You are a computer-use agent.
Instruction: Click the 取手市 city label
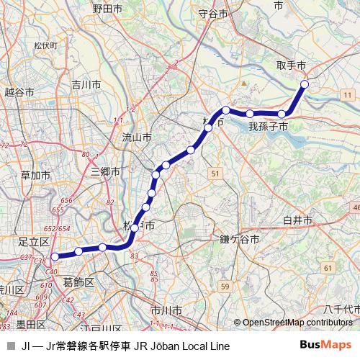[291, 66]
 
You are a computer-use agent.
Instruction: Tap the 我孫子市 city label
[269, 127]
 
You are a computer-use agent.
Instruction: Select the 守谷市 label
[212, 14]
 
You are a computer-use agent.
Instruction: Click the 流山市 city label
[136, 136]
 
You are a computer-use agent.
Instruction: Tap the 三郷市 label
[105, 171]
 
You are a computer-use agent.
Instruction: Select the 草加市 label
[35, 175]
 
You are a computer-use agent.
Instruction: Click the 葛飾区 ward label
[78, 282]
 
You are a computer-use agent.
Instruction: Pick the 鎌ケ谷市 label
[238, 240]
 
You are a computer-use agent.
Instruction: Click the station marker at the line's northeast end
[304, 84]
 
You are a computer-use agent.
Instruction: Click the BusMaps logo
[325, 346]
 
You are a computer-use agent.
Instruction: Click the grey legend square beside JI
[10, 346]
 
